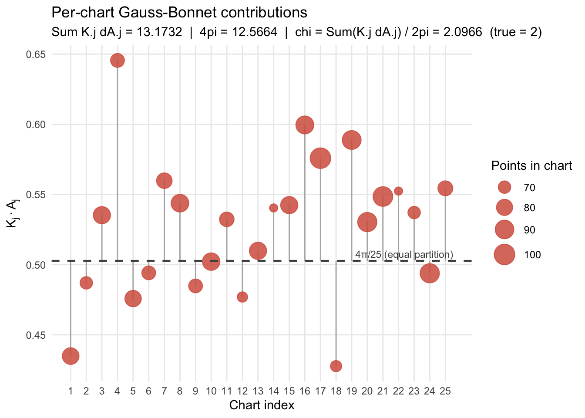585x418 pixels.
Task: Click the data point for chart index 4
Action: pyautogui.click(x=117, y=61)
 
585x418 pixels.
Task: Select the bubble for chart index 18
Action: pyautogui.click(x=336, y=366)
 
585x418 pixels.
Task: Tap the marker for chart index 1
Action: pyautogui.click(x=71, y=356)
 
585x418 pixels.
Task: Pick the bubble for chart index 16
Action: pyautogui.click(x=305, y=125)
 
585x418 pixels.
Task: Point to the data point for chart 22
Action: pyautogui.click(x=398, y=191)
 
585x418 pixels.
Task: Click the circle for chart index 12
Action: pyautogui.click(x=242, y=297)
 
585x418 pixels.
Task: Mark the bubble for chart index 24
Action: pyautogui.click(x=429, y=273)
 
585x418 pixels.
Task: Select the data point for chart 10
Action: pyautogui.click(x=211, y=262)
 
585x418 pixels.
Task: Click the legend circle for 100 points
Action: pyautogui.click(x=504, y=254)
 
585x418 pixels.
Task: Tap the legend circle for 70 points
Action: pyautogui.click(x=504, y=187)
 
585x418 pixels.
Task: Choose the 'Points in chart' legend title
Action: pyautogui.click(x=531, y=165)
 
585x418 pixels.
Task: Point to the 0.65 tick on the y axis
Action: pyautogui.click(x=36, y=54)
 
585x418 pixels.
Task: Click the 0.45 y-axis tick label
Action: pyautogui.click(x=36, y=335)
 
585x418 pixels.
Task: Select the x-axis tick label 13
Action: pyautogui.click(x=258, y=391)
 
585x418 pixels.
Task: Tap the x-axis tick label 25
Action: pyautogui.click(x=445, y=391)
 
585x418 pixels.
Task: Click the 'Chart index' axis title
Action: pyautogui.click(x=262, y=405)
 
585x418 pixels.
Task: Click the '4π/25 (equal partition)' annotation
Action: pyautogui.click(x=404, y=254)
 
